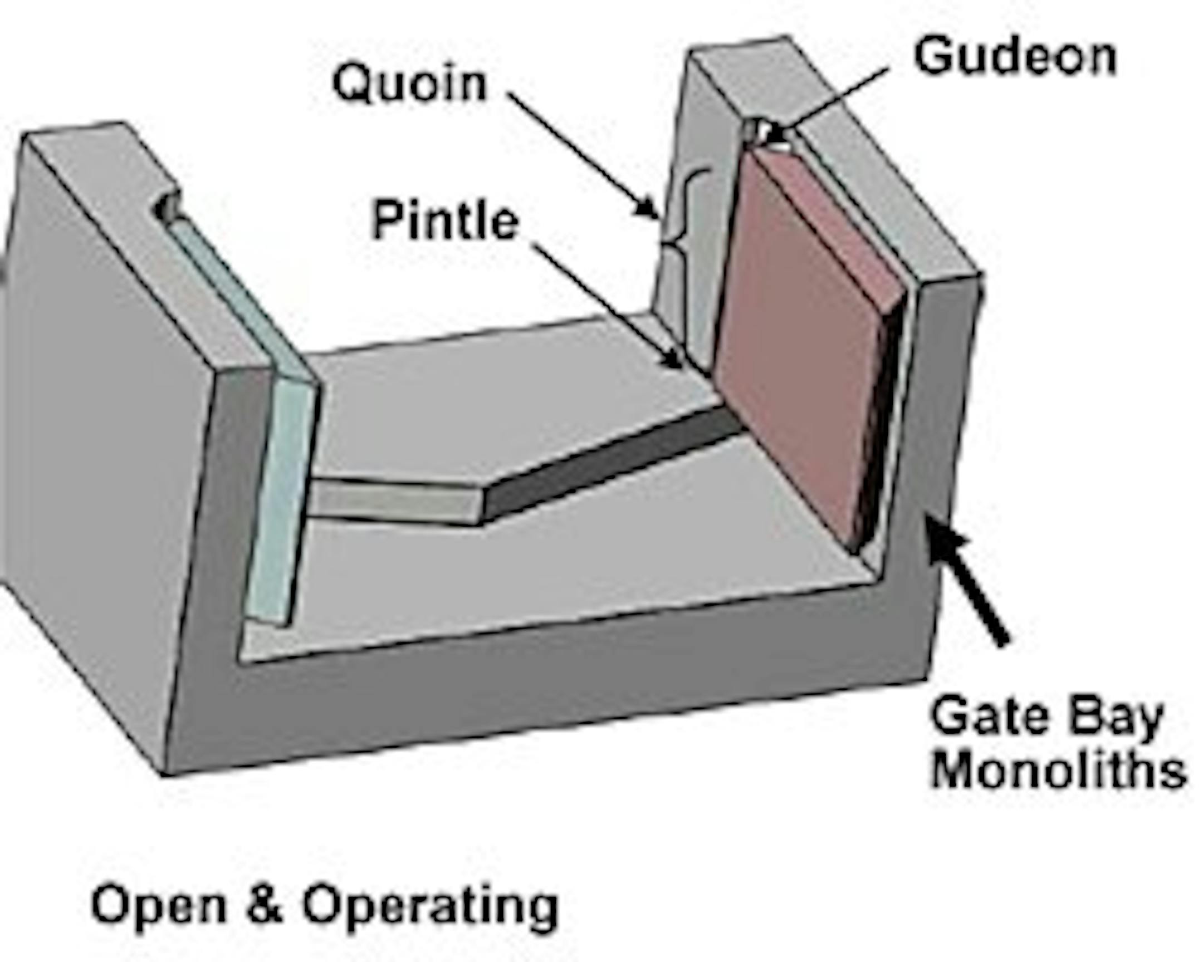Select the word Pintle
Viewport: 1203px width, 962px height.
click(x=445, y=221)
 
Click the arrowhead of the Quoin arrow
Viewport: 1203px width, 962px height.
click(x=650, y=209)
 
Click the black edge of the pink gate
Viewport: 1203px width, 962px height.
click(x=879, y=424)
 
